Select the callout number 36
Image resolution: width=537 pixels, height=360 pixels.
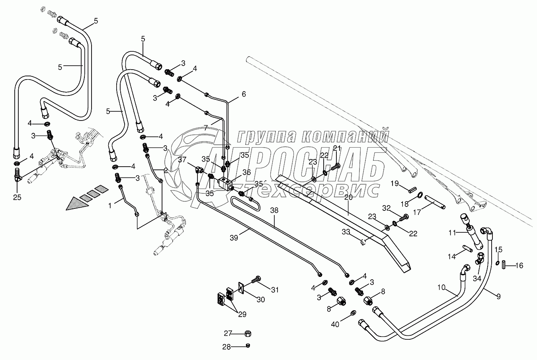tap(247, 172)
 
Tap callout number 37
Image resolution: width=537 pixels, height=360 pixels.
tap(182, 160)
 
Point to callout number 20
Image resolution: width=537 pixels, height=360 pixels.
tap(348, 197)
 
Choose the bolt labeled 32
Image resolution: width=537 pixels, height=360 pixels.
tap(404, 217)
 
